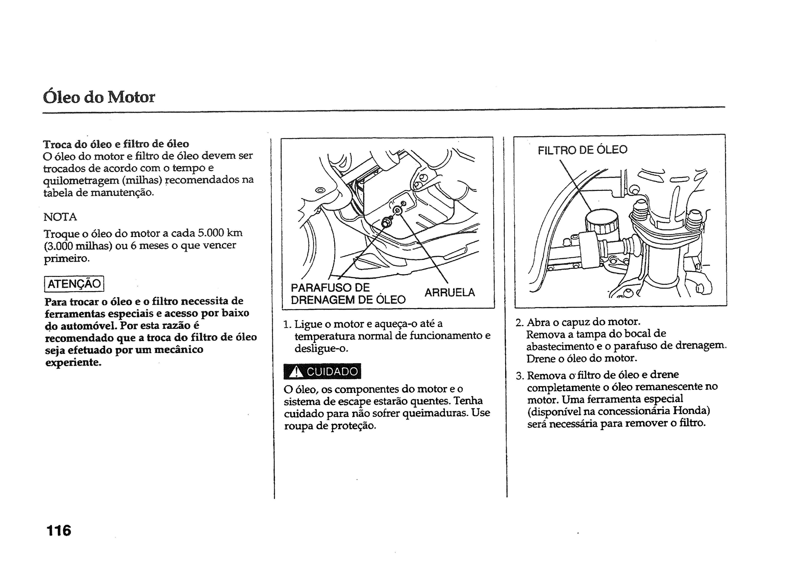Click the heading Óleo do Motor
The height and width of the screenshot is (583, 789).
point(99,97)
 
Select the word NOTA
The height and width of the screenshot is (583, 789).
point(60,217)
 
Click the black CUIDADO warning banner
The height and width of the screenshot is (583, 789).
point(322,371)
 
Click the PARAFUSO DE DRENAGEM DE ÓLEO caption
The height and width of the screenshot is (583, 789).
point(348,294)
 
